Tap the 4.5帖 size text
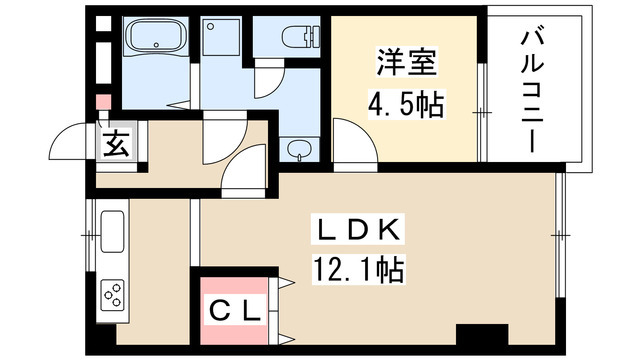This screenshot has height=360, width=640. pyautogui.click(x=409, y=103)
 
